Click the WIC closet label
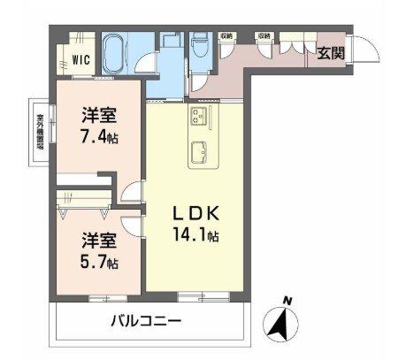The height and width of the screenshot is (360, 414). (80, 61)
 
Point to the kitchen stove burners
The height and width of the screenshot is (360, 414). (197, 116)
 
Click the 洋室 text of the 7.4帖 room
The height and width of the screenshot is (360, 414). (98, 114)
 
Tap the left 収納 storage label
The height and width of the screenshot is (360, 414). (227, 35)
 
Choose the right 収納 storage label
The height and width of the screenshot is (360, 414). (264, 35)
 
